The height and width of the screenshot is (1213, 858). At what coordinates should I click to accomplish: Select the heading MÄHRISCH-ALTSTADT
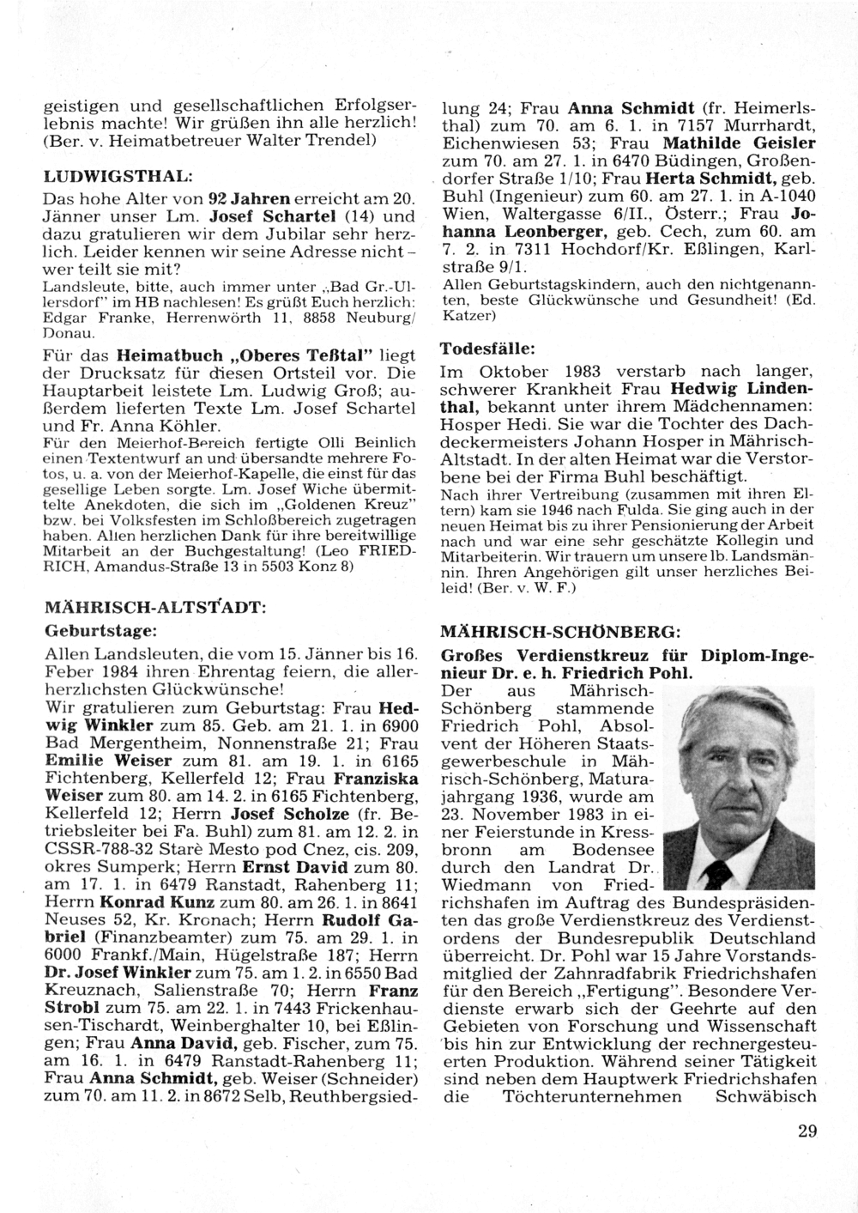click(154, 607)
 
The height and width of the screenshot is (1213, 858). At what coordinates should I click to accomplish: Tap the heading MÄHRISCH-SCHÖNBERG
click(560, 632)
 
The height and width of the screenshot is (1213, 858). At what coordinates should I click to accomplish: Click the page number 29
click(807, 1131)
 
